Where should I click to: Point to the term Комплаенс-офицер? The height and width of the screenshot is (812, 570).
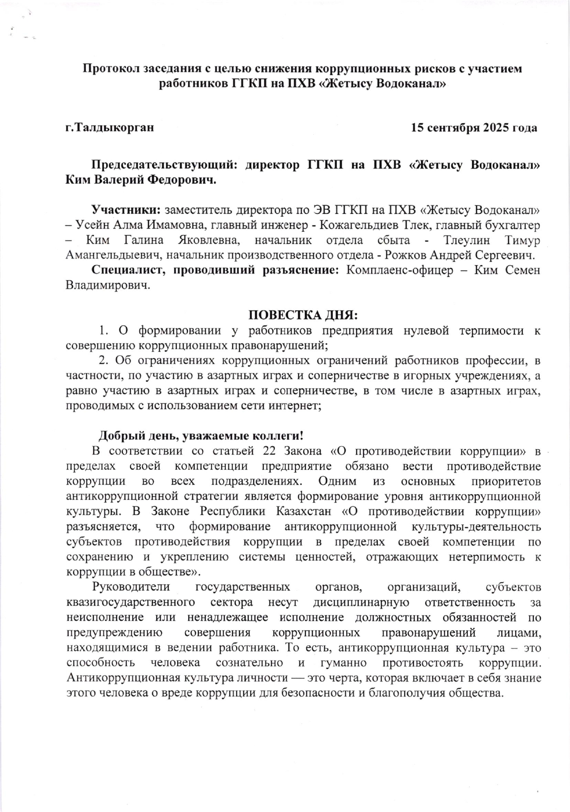tap(399, 270)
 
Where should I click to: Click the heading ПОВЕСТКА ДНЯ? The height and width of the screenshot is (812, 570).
tap(303, 316)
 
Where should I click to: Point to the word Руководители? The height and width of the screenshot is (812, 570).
tap(131, 587)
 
